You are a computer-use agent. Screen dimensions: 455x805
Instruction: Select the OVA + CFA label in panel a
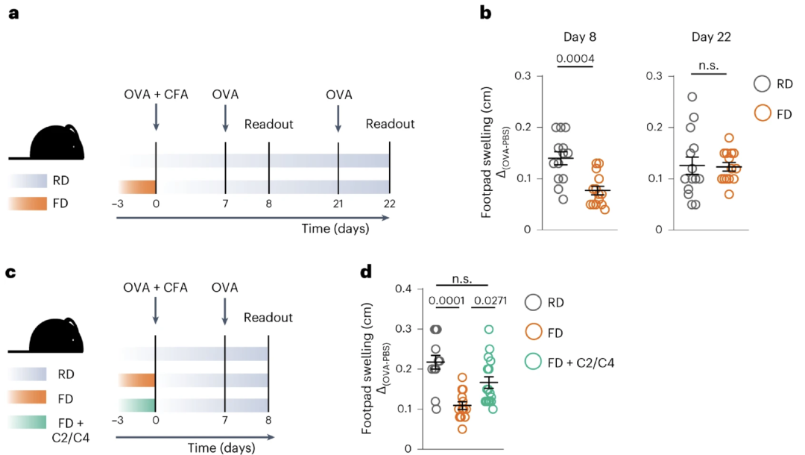pos(156,95)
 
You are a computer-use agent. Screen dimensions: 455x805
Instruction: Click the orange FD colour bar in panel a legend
pos(31,202)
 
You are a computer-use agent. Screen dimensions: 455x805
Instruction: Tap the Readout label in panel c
pos(268,318)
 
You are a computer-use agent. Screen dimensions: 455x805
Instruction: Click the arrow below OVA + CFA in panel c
pos(156,310)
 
